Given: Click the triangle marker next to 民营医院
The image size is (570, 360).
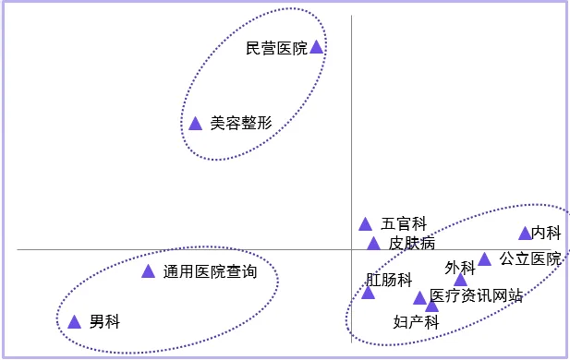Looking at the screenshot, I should point(316,47).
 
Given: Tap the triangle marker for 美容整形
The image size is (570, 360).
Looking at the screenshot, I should point(195,124).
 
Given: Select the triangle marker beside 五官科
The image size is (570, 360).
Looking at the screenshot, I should point(366,223).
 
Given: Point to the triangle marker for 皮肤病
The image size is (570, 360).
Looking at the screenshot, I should point(373,244).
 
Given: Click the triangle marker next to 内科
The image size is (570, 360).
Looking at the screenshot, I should point(525,234).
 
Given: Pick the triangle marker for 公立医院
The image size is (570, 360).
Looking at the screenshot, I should point(484,259).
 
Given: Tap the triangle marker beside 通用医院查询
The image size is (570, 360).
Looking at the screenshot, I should point(148,271).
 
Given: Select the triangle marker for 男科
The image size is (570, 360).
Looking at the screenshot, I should point(75,322).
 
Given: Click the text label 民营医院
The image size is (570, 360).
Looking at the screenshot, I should point(276,48).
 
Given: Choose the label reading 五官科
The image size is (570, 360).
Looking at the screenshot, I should point(404,223).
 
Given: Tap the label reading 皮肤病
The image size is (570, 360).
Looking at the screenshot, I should point(411,244).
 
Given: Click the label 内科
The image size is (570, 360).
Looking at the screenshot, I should point(546,234).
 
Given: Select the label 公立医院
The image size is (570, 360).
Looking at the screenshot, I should point(530,259).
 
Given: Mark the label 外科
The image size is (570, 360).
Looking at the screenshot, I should point(459,268).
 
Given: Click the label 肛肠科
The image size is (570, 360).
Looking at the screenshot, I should point(388,279).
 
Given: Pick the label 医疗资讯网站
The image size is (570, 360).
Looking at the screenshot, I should point(477,296).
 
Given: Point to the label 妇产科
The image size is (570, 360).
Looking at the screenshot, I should point(415,322).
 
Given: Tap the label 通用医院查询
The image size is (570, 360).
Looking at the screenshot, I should point(209,272).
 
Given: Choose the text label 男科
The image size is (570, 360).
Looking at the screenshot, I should point(104,322).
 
